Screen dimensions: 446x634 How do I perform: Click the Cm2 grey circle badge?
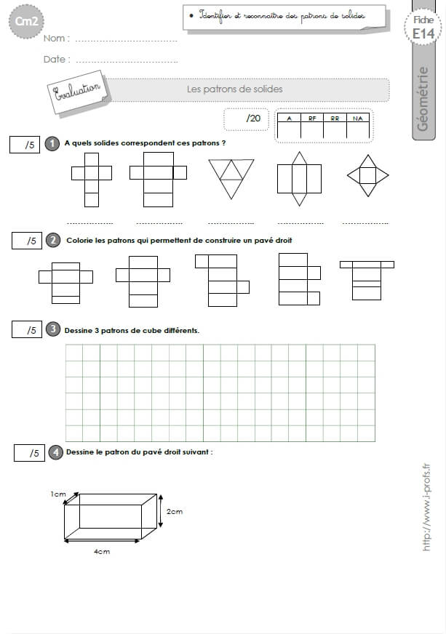coord(26,21)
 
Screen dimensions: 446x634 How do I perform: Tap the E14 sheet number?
coord(423,34)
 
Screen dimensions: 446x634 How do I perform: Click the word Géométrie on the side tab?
coord(423,99)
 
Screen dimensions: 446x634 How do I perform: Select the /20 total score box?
coord(246,119)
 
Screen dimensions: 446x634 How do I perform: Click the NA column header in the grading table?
coord(358,119)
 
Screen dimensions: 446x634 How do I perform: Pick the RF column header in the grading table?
coord(312,119)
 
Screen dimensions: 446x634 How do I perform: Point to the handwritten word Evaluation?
coord(77,91)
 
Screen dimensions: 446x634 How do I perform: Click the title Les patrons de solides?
coord(235,89)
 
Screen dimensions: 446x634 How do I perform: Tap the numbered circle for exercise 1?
coord(52,143)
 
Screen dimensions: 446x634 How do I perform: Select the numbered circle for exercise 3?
coord(53,329)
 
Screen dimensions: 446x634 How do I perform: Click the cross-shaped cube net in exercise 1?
coord(92,180)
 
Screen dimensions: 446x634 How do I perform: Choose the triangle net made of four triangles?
coord(231,179)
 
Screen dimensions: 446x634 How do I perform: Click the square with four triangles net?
coord(368,175)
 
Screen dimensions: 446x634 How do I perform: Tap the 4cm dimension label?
coord(102,552)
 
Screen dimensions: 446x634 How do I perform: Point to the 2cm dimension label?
coord(175,511)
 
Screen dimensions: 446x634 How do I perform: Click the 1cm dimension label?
coord(58,494)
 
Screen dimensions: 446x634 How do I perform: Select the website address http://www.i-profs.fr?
coord(426,507)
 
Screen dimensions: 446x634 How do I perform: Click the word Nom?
coord(56,39)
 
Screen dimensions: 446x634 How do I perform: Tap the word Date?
coord(57,60)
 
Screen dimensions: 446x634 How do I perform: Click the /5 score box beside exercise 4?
coord(29,453)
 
